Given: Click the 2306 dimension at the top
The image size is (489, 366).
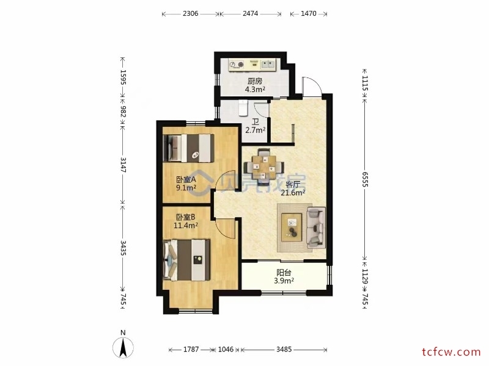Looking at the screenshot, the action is click(190, 13).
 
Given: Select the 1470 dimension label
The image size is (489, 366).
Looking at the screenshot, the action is click(309, 13).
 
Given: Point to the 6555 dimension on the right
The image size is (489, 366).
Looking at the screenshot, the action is click(365, 179).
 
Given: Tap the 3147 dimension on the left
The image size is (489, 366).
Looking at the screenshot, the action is click(123, 165).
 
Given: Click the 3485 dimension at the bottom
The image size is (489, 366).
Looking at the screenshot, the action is click(284, 350).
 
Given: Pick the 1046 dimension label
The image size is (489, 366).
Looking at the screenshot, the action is click(226, 350).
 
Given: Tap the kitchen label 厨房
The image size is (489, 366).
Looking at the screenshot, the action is click(255, 82).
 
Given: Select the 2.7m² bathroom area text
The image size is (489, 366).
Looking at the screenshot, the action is click(256, 130).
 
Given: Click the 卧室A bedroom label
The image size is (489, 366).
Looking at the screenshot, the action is click(186, 179).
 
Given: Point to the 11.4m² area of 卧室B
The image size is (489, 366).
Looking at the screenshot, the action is click(186, 225).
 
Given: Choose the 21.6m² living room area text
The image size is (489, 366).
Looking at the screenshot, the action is click(293, 193).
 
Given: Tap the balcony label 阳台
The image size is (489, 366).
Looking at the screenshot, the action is click(284, 273).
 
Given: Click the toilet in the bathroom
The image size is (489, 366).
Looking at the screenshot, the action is click(243, 107).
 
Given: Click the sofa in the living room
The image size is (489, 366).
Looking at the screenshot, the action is click(316, 228).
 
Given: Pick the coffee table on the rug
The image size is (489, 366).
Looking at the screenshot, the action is click(292, 227).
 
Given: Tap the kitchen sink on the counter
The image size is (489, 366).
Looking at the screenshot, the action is click(268, 65).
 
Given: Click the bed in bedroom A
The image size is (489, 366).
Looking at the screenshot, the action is click(188, 148).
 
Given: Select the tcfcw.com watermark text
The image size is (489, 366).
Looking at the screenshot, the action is click(452, 353).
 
